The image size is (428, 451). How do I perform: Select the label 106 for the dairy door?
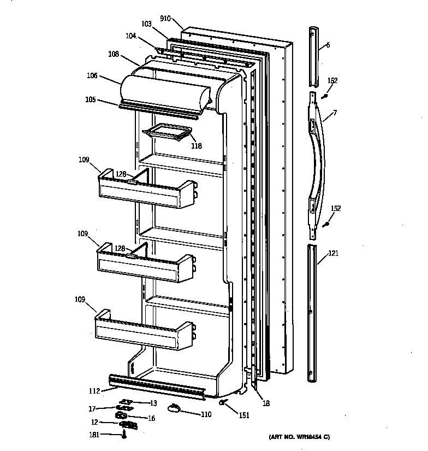click(x=91, y=76)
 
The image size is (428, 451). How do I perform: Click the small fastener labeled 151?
click(x=223, y=403)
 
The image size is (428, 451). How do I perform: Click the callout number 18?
click(x=266, y=403)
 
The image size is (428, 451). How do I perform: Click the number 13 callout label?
click(x=153, y=403)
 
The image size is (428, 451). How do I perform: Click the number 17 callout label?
click(x=92, y=408)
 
